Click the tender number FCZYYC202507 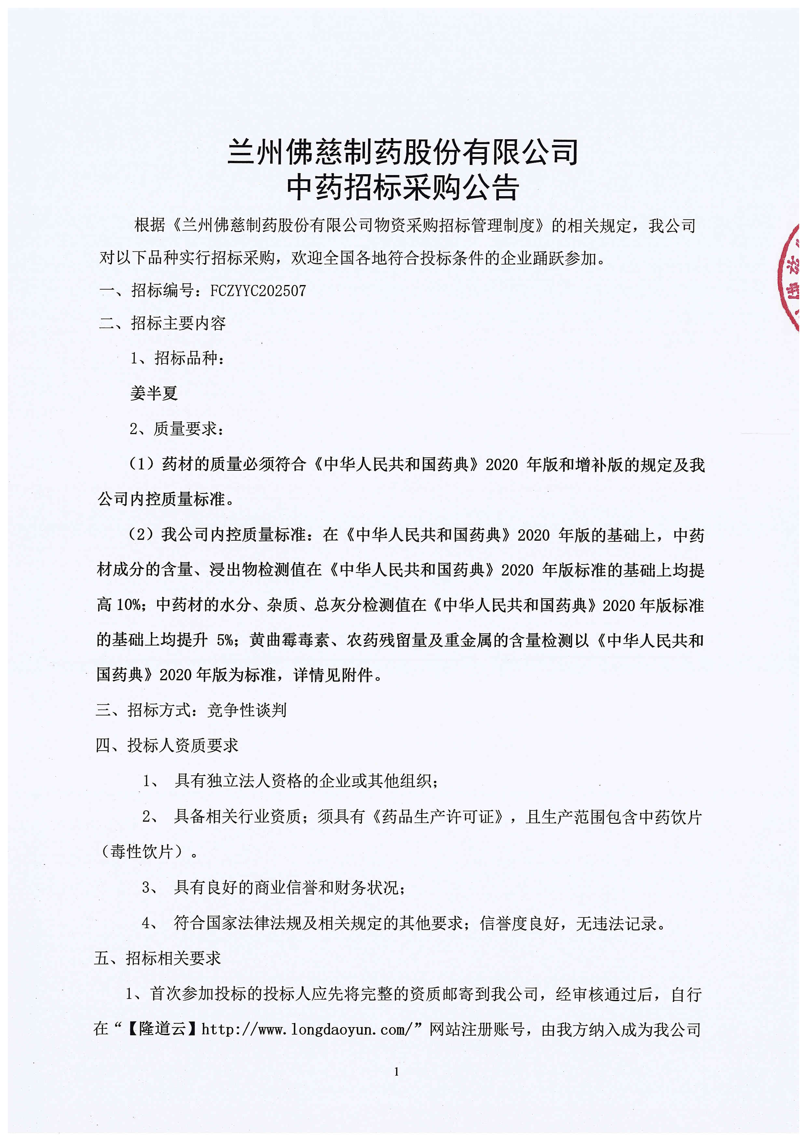pos(258,291)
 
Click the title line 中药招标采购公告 pos(403,187)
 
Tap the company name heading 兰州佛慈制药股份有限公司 pos(403,152)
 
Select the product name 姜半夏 pos(154,393)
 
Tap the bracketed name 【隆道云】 pos(162,1029)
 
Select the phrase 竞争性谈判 pos(247,710)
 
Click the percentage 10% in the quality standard pos(129,605)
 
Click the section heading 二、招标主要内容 pos(162,323)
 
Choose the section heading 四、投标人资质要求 pos(167,745)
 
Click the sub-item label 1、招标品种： pos(177,358)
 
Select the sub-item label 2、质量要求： pos(177,428)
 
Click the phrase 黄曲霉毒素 pos(289,640)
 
